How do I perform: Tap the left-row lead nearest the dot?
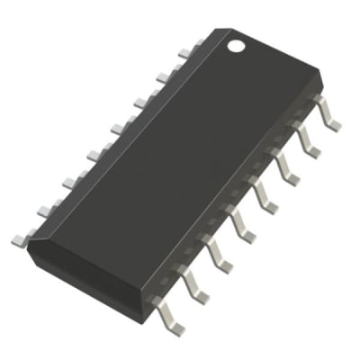[184, 53]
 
